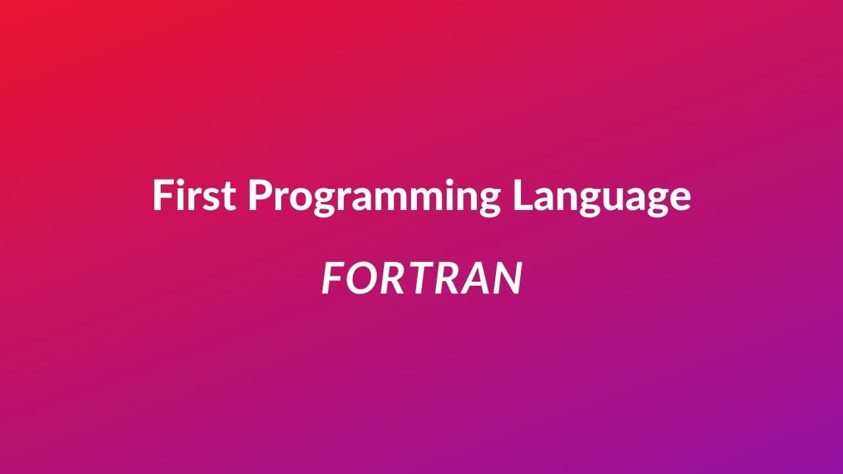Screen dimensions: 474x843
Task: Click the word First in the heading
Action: [x=194, y=196]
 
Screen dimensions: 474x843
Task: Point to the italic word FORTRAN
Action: [x=421, y=278]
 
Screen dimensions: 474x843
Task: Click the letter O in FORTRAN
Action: [x=360, y=278]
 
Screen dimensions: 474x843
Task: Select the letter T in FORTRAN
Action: [x=417, y=278]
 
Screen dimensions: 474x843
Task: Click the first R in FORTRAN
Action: [x=390, y=278]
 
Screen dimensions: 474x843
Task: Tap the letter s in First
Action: [x=210, y=198]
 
